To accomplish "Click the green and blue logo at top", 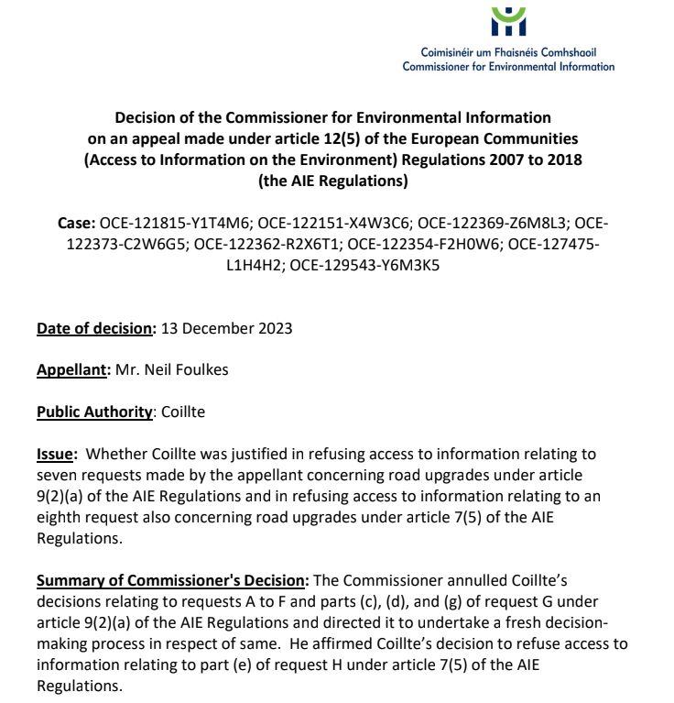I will (x=508, y=21).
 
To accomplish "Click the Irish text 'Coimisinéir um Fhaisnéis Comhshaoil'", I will (x=508, y=52).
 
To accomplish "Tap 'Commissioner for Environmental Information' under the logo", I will (x=508, y=66).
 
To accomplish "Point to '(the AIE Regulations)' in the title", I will (x=332, y=181).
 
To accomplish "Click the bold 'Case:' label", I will (x=77, y=224).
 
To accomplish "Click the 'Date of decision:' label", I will (x=97, y=328).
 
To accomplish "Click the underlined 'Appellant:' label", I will (x=73, y=370).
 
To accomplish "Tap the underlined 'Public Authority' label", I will (x=93, y=412).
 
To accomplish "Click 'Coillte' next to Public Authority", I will (x=182, y=412).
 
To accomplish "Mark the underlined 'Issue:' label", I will (x=58, y=454).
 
